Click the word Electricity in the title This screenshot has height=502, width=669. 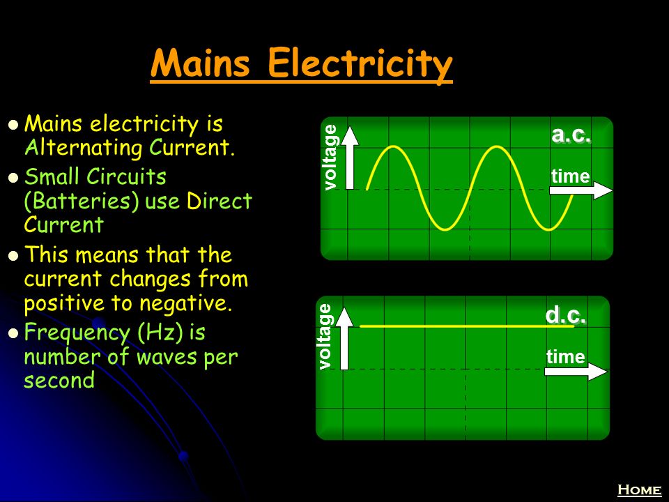pyautogui.click(x=360, y=65)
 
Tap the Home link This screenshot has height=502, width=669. pyautogui.click(x=639, y=489)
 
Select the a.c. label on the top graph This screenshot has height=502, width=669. pyautogui.click(x=571, y=134)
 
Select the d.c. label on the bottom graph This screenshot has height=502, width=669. pyautogui.click(x=565, y=315)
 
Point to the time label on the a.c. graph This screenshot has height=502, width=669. pyautogui.click(x=571, y=176)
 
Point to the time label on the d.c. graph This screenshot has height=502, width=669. pyautogui.click(x=566, y=357)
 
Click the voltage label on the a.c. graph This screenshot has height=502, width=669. pyautogui.click(x=330, y=157)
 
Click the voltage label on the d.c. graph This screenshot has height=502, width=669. pyautogui.click(x=325, y=336)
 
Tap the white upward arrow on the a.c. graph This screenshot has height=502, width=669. pyautogui.click(x=350, y=158)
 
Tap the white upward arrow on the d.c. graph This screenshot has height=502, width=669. pyautogui.click(x=344, y=338)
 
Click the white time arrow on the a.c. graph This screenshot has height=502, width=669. pyautogui.click(x=580, y=190)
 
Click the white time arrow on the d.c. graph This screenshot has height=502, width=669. pyautogui.click(x=576, y=371)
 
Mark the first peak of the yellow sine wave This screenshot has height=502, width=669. pyautogui.click(x=393, y=146)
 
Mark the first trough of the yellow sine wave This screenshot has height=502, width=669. pyautogui.click(x=445, y=229)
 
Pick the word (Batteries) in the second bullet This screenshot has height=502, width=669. pyautogui.click(x=82, y=201)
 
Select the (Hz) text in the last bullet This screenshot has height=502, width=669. pyautogui.click(x=157, y=332)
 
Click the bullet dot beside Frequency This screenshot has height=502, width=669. pyautogui.click(x=14, y=333)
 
